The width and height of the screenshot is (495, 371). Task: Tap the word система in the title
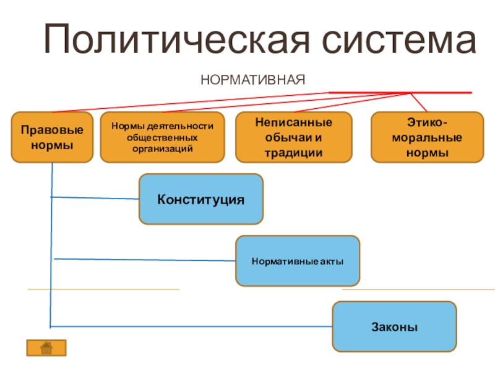[x=399, y=40]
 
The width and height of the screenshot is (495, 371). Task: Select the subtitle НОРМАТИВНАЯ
[x=253, y=80]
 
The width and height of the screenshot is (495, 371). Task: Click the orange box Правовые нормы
[x=52, y=137]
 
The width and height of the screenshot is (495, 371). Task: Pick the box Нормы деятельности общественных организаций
[x=162, y=137]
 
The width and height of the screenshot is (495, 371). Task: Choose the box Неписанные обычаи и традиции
[x=293, y=137]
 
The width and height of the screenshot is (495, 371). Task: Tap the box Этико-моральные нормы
[x=427, y=137]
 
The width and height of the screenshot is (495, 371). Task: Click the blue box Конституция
[x=201, y=199]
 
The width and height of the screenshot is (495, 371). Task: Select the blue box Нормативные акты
[x=298, y=261]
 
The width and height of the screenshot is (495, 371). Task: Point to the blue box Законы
[x=394, y=326]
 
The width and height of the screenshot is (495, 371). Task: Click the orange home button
[x=46, y=348]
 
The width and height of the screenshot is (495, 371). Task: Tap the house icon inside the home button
[x=46, y=348]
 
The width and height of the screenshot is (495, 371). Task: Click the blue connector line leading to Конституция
[x=95, y=198]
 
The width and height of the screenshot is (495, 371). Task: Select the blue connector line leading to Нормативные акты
[x=145, y=260]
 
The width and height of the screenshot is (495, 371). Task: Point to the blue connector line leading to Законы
[x=191, y=326]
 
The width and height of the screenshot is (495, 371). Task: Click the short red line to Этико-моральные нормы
[x=419, y=103]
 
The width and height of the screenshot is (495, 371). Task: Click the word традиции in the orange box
[x=293, y=153]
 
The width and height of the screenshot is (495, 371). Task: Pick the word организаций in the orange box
[x=162, y=149]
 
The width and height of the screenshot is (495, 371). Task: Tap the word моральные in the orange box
[x=427, y=138]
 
